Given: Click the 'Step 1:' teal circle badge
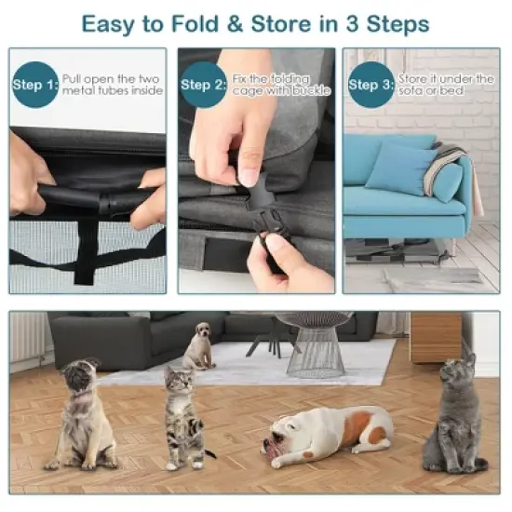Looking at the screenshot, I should pyautogui.click(x=34, y=86).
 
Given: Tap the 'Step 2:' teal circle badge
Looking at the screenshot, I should pyautogui.click(x=202, y=86).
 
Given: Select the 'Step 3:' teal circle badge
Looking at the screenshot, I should pyautogui.click(x=370, y=86).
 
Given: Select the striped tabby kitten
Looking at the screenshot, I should pyautogui.click(x=184, y=416).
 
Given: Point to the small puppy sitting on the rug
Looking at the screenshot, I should pyautogui.click(x=198, y=346).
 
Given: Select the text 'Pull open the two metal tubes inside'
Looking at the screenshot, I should pyautogui.click(x=112, y=85).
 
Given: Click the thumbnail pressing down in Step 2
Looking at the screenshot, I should pyautogui.click(x=248, y=175).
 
